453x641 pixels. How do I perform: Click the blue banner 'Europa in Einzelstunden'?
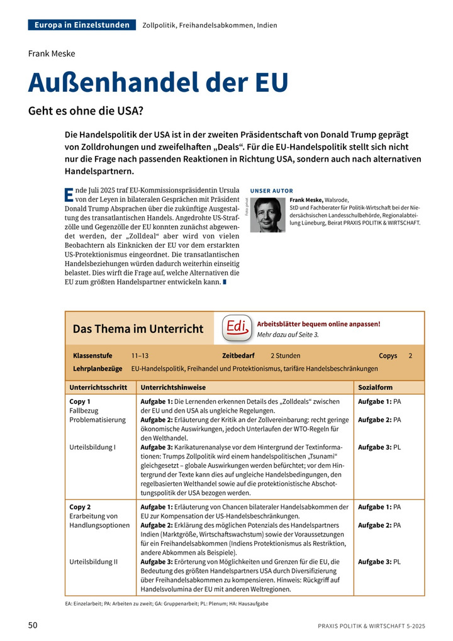tap(82, 25)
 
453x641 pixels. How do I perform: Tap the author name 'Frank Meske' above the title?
tap(52, 53)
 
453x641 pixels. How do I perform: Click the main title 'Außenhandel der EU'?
tap(158, 83)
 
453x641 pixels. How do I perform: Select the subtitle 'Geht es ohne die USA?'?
tap(86, 111)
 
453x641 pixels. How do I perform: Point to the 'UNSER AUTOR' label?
tap(271, 191)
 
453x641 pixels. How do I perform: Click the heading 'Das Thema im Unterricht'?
tap(138, 329)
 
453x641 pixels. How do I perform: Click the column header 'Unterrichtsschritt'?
tap(99, 387)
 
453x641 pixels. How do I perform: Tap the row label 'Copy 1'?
tap(80, 401)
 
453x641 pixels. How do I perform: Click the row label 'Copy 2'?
tap(80, 507)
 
